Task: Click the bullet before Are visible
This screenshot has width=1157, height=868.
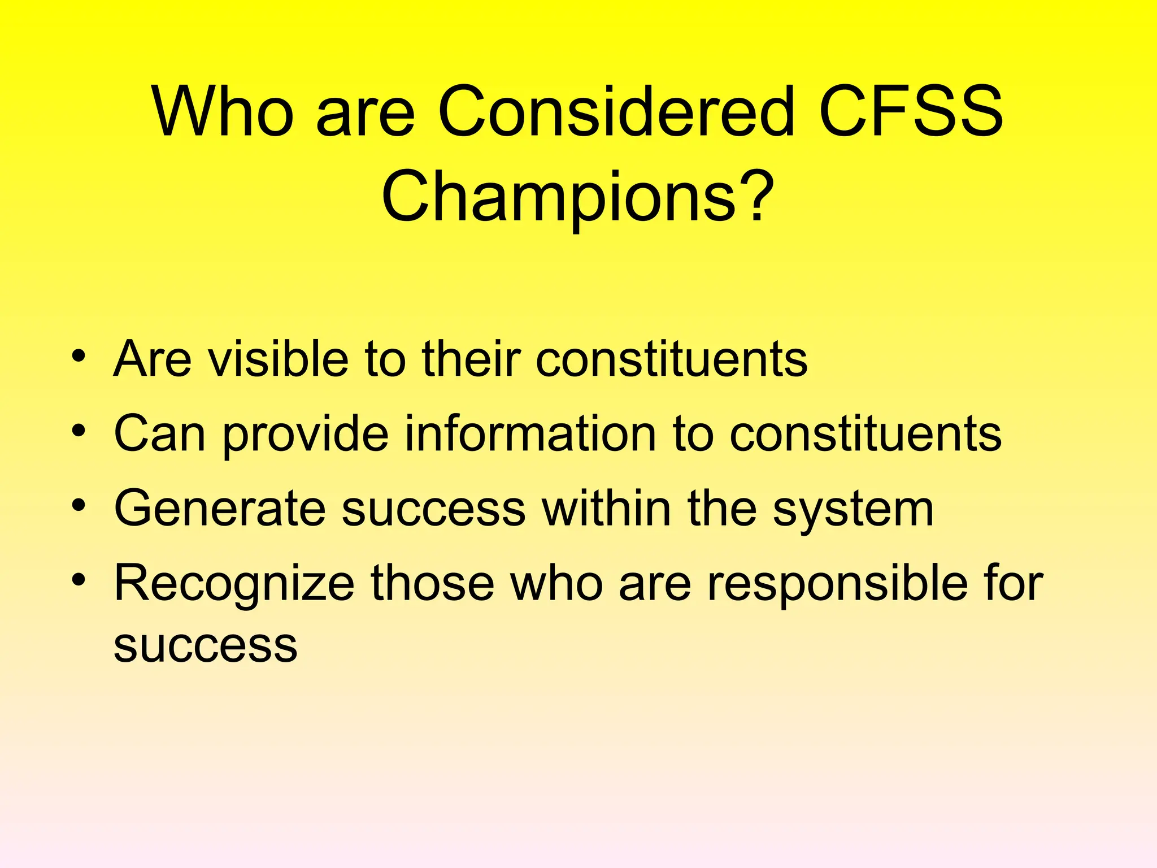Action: click(x=79, y=357)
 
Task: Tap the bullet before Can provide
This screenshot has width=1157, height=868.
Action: click(x=79, y=432)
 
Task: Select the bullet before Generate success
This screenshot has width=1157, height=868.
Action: click(x=79, y=507)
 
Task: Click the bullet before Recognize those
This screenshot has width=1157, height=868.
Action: click(x=79, y=581)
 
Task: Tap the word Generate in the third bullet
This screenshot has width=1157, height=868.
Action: click(x=220, y=509)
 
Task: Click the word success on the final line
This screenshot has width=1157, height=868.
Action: click(x=205, y=645)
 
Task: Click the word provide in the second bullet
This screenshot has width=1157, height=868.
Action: click(x=305, y=435)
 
